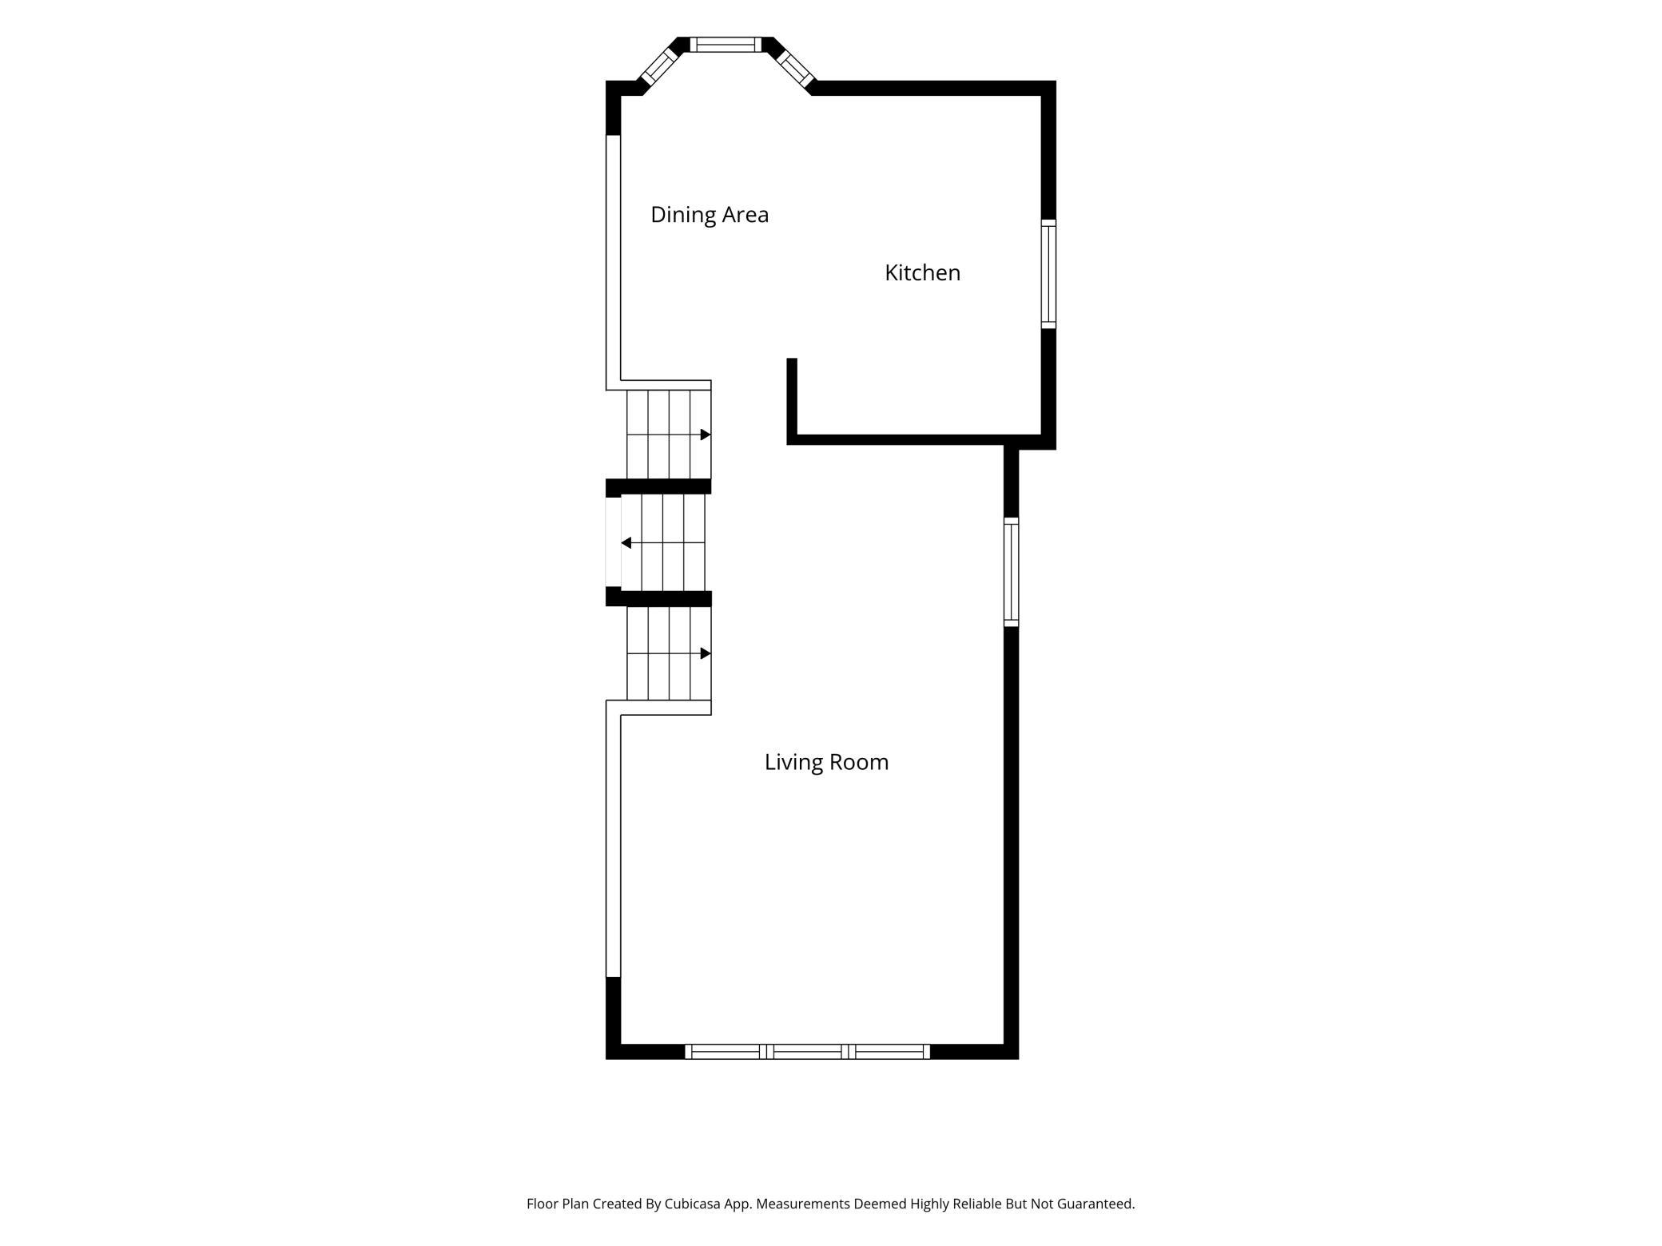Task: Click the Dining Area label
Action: pos(710,215)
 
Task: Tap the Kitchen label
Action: pos(922,273)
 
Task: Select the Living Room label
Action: pos(826,763)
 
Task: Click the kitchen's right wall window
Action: pos(1048,274)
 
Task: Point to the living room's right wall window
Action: pos(1011,572)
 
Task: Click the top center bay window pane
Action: pos(726,45)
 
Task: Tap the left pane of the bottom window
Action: pos(726,1052)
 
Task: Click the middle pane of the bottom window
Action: pos(807,1052)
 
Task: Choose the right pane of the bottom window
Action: pos(889,1052)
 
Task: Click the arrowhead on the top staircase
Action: pos(706,435)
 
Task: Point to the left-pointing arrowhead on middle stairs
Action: pos(626,543)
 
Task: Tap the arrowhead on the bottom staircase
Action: pos(706,653)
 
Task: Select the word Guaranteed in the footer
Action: pos(1095,1204)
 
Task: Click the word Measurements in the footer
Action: pos(803,1204)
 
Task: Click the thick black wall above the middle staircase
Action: pos(658,486)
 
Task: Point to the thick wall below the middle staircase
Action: pos(658,598)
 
